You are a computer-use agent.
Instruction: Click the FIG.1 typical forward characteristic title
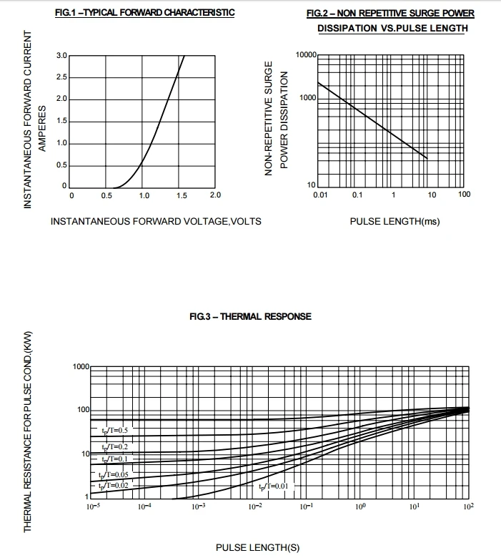point(144,13)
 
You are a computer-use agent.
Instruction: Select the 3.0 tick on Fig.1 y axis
point(61,55)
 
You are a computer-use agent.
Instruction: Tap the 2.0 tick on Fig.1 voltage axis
point(215,195)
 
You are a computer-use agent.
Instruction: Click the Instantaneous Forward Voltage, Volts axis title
point(156,221)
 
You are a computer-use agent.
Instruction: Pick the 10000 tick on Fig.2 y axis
point(305,55)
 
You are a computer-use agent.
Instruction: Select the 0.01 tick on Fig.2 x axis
point(319,195)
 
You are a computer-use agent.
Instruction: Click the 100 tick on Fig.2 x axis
point(465,195)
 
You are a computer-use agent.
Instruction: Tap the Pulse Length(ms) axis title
point(395,221)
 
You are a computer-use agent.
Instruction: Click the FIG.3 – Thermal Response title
point(250,316)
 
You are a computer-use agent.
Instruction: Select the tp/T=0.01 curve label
point(274,486)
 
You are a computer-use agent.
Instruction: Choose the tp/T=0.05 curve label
point(114,474)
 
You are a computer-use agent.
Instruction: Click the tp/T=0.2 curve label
point(114,446)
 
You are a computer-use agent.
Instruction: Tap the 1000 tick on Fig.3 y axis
point(81,367)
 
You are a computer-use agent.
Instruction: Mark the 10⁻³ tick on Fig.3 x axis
point(199,506)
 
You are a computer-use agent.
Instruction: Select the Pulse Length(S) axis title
point(257,548)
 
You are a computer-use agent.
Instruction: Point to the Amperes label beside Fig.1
point(42,129)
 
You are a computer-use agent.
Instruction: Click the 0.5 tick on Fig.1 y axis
point(61,165)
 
